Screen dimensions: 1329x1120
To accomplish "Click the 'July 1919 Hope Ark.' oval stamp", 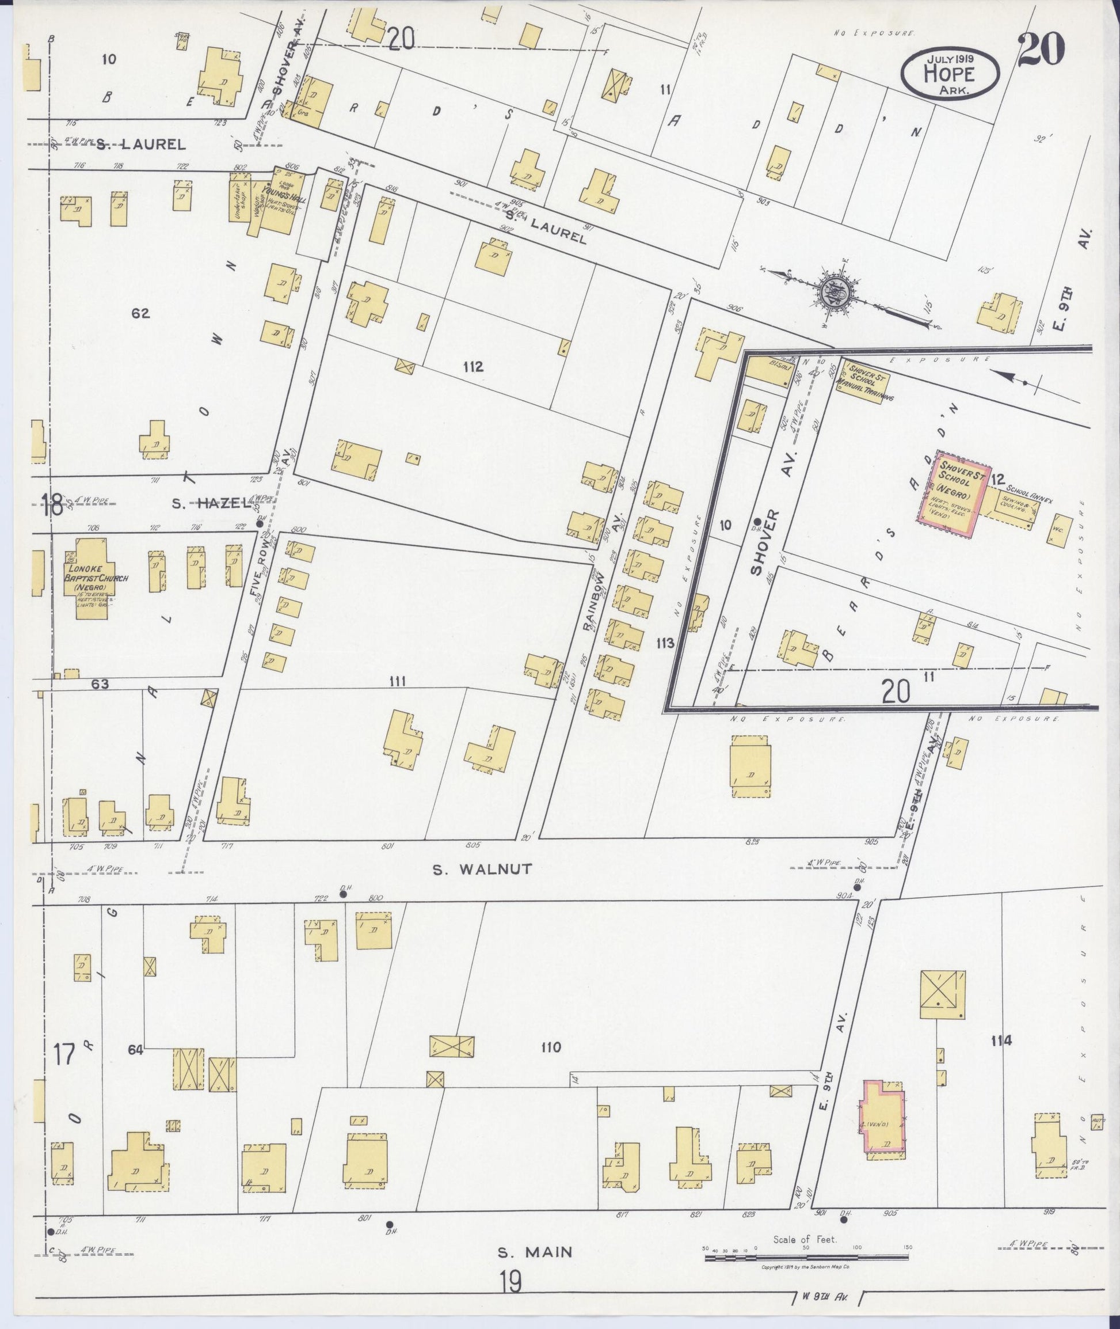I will coord(950,73).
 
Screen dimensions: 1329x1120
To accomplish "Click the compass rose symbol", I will coord(832,293).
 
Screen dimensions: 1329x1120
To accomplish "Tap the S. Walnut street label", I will coord(482,869).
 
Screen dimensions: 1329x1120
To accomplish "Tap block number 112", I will coord(473,367).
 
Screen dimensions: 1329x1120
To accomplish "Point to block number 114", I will coord(1001,1041).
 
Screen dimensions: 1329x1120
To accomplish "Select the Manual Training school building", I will coord(864,381).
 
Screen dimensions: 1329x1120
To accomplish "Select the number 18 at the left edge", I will coord(51,506).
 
